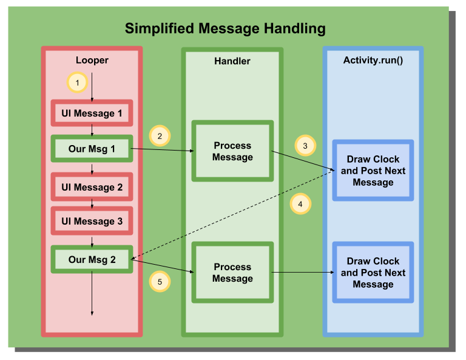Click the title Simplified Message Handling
(x=225, y=29)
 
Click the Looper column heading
(x=92, y=60)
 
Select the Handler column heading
(x=232, y=61)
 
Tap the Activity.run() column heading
(x=373, y=60)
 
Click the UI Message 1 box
(x=92, y=113)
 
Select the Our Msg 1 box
(x=92, y=148)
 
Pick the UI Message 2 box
(x=92, y=187)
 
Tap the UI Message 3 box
(x=92, y=221)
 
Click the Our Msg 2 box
(x=92, y=259)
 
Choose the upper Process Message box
(x=232, y=151)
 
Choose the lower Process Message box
(x=232, y=273)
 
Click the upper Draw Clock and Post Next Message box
(x=373, y=171)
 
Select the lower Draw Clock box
(x=373, y=273)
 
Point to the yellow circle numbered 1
(x=77, y=82)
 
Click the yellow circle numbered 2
(x=160, y=136)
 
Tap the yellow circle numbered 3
(x=305, y=146)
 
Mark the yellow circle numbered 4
(x=300, y=204)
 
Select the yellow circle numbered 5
(x=160, y=282)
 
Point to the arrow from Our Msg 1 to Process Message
(x=163, y=149)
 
